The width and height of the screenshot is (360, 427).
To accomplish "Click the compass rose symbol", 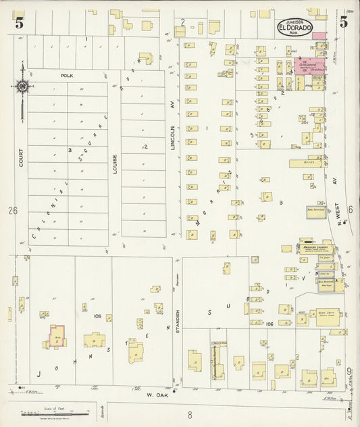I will (22, 86).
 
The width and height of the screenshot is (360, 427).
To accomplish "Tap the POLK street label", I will (66, 76).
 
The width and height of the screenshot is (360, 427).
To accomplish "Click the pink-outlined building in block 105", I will (57, 336).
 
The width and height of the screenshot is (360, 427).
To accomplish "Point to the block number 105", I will (98, 316).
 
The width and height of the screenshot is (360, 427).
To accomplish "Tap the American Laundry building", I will (314, 247).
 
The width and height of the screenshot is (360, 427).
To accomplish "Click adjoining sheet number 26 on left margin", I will (12, 211).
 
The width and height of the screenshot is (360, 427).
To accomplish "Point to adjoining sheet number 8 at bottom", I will (190, 415).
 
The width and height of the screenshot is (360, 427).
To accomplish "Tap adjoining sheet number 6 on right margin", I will (350, 210).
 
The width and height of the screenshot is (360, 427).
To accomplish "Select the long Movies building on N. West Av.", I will (309, 163).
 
